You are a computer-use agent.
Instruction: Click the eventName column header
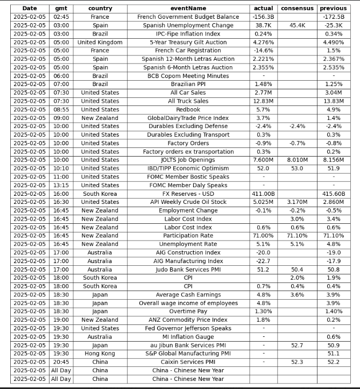pyautogui.click(x=188, y=9)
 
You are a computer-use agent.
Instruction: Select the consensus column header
pyautogui.click(x=297, y=9)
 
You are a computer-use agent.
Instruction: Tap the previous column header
pyautogui.click(x=333, y=9)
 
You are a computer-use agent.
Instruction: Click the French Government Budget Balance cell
pyautogui.click(x=188, y=17)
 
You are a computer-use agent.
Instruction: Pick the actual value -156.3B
pyautogui.click(x=263, y=17)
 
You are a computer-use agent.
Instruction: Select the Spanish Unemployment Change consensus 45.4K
pyautogui.click(x=297, y=25)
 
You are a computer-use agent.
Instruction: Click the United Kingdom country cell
pyautogui.click(x=100, y=43)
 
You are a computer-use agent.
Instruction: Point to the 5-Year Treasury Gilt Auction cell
pyautogui.click(x=188, y=43)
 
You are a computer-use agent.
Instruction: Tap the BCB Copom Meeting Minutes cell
pyautogui.click(x=188, y=76)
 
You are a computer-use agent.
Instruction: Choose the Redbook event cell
pyautogui.click(x=188, y=110)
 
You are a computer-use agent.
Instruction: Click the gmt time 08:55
pyautogui.click(x=61, y=110)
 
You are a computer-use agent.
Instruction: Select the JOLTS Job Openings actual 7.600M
pyautogui.click(x=263, y=160)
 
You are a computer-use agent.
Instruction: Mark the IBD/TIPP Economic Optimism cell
pyautogui.click(x=188, y=168)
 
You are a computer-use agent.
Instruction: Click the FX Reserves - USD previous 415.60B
pyautogui.click(x=333, y=194)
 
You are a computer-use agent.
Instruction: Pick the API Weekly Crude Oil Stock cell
pyautogui.click(x=188, y=202)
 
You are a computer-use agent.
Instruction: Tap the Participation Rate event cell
pyautogui.click(x=188, y=236)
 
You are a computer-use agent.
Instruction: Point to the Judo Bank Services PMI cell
pyautogui.click(x=188, y=270)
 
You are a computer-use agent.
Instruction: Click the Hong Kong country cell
pyautogui.click(x=100, y=353)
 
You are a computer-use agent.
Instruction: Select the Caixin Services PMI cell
pyautogui.click(x=188, y=362)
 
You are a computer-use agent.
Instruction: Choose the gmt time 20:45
pyautogui.click(x=61, y=362)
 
